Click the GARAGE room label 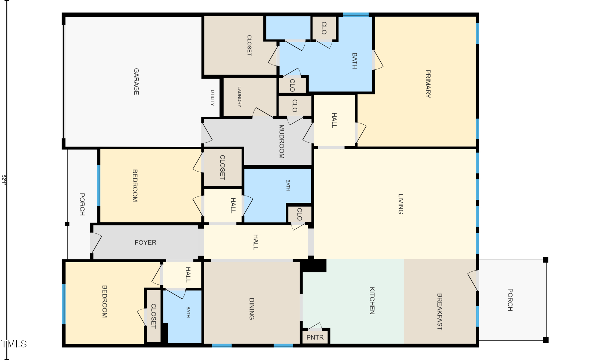click(x=136, y=82)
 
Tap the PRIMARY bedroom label click(x=428, y=84)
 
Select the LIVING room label click(x=401, y=204)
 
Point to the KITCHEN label click(x=372, y=300)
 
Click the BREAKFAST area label click(x=439, y=312)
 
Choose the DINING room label click(x=251, y=309)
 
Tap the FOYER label click(x=145, y=242)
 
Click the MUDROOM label click(x=281, y=141)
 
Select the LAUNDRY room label click(x=239, y=97)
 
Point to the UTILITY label click(x=212, y=98)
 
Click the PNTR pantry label click(x=315, y=338)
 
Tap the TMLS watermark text click(x=14, y=344)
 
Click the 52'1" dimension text click(x=4, y=180)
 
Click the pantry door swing click(x=315, y=326)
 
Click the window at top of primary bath click(x=356, y=15)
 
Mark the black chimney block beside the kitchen click(x=313, y=266)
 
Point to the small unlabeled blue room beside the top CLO click(x=288, y=28)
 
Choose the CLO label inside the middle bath click(x=299, y=214)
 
